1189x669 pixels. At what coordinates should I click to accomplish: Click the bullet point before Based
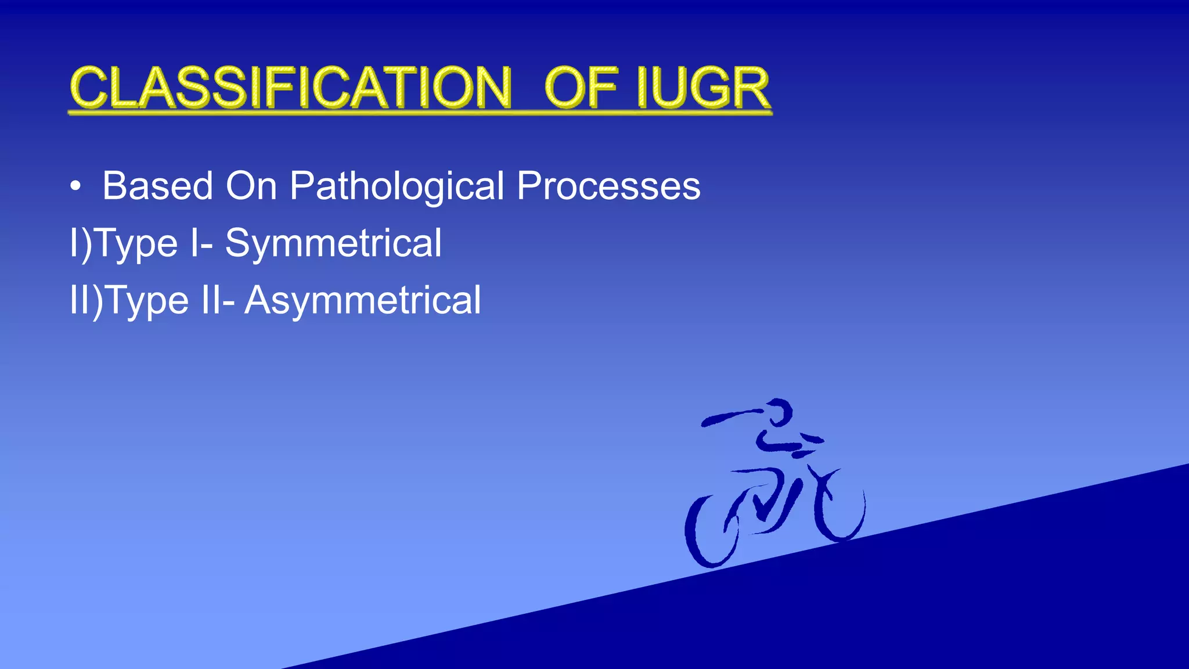point(75,187)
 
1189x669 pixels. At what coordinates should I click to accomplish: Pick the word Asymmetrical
point(363,300)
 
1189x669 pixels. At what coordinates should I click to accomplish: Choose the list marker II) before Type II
point(86,300)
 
